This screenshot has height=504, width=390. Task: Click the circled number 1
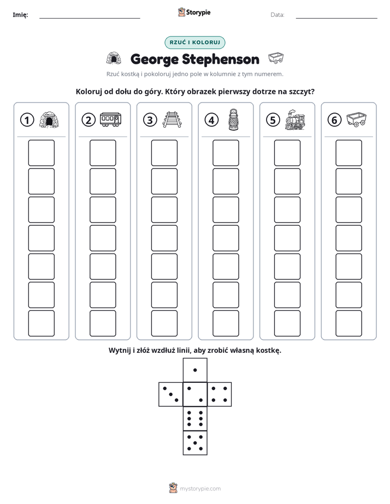point(27,120)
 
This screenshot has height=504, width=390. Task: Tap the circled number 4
point(211,120)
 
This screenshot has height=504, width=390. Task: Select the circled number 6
point(334,120)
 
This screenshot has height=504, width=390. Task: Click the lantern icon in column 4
point(233,119)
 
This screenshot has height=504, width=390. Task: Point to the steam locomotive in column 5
point(295,119)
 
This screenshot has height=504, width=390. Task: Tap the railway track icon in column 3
point(172,119)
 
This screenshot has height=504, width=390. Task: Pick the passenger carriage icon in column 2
point(110,119)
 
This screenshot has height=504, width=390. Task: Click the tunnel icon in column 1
point(49,120)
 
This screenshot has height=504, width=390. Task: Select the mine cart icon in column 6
point(357,119)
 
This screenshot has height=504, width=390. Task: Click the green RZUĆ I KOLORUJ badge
point(194,43)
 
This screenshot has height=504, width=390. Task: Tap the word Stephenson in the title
point(221,59)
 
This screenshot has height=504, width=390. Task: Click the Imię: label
point(20,15)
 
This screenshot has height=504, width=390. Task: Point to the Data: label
point(277,15)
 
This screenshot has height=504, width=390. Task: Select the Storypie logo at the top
point(194,13)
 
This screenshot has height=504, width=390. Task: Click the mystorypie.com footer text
point(200,489)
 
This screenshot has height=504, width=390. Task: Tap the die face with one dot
point(195,370)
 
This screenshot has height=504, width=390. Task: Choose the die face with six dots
point(195,418)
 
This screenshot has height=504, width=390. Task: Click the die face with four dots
point(220,394)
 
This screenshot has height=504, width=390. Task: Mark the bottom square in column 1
point(41,323)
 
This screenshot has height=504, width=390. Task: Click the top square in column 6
point(349,153)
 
